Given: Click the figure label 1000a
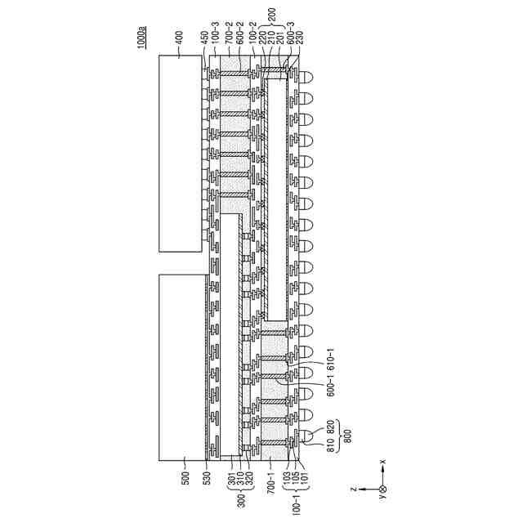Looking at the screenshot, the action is pyautogui.click(x=143, y=38).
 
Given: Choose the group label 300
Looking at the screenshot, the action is pyautogui.click(x=239, y=498).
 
